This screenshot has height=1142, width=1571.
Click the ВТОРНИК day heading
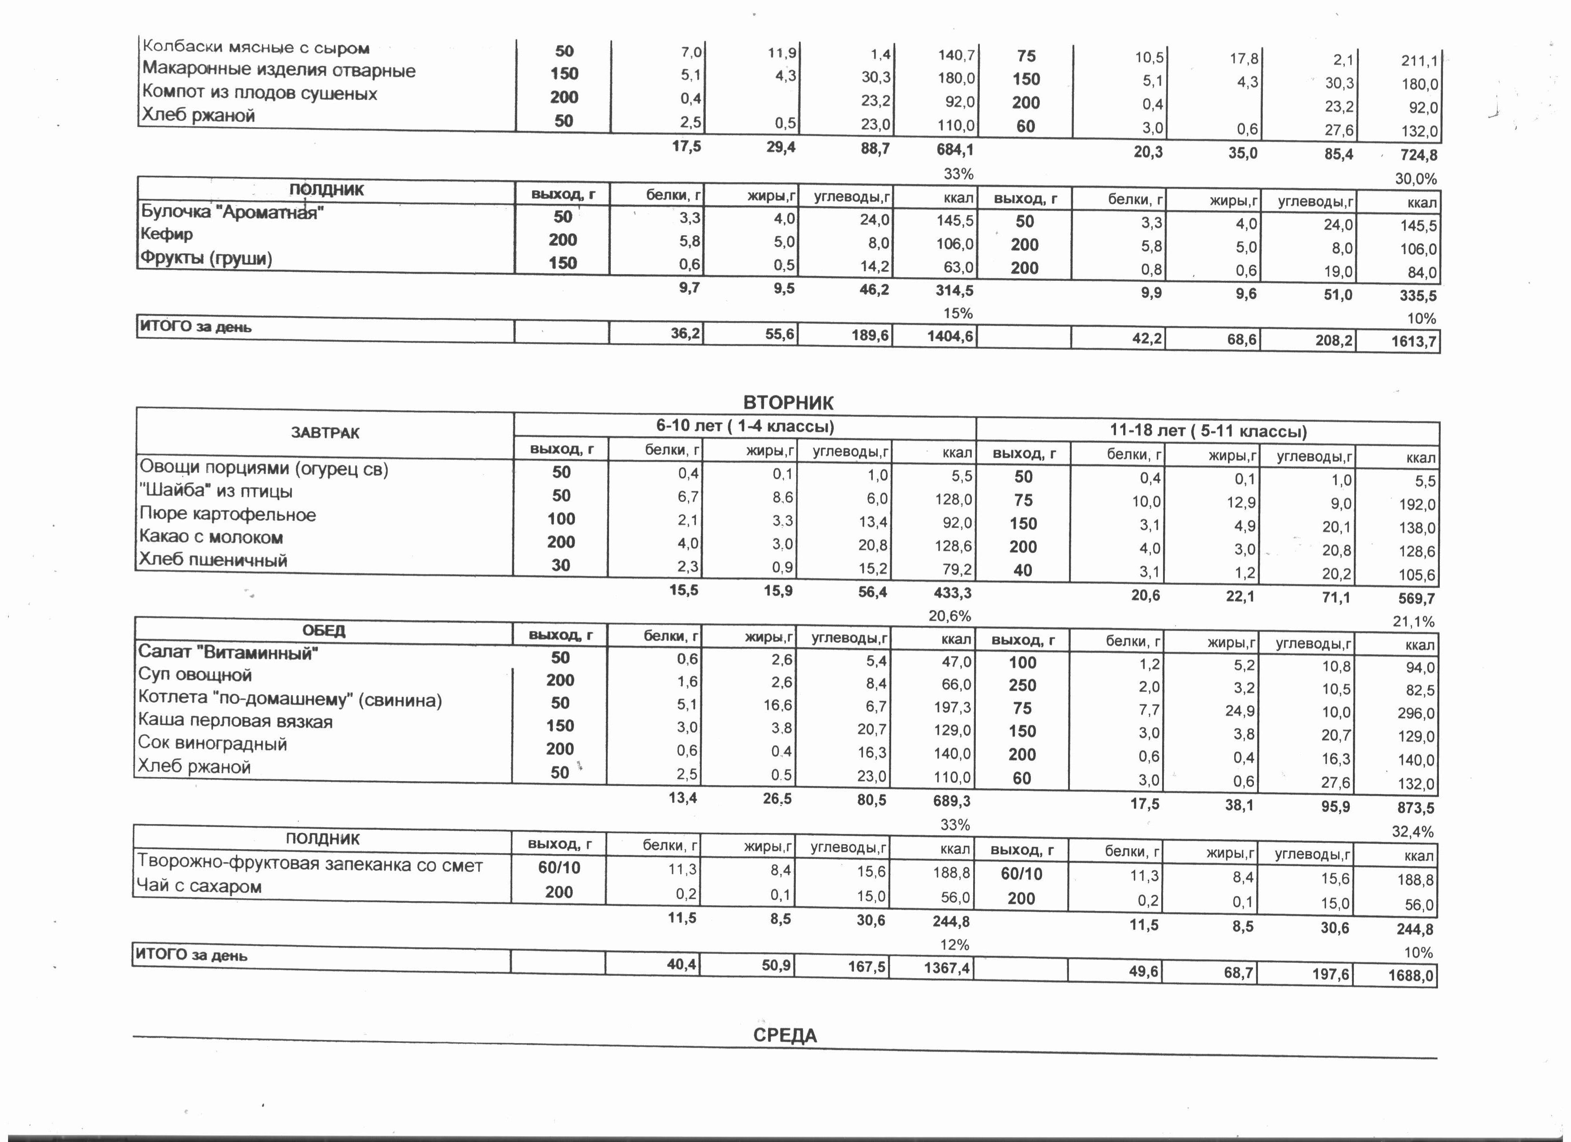[x=788, y=402]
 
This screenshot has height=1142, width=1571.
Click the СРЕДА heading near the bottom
[x=785, y=1035]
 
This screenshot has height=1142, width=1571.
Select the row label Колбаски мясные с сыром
[x=256, y=48]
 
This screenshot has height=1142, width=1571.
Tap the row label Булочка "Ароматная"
[x=232, y=212]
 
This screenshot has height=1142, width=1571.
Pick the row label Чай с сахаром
[x=199, y=886]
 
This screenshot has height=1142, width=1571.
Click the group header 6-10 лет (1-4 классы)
[x=745, y=426]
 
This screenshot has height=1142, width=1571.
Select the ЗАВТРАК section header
[x=325, y=433]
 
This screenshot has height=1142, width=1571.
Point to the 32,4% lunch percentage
[x=1412, y=831]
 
